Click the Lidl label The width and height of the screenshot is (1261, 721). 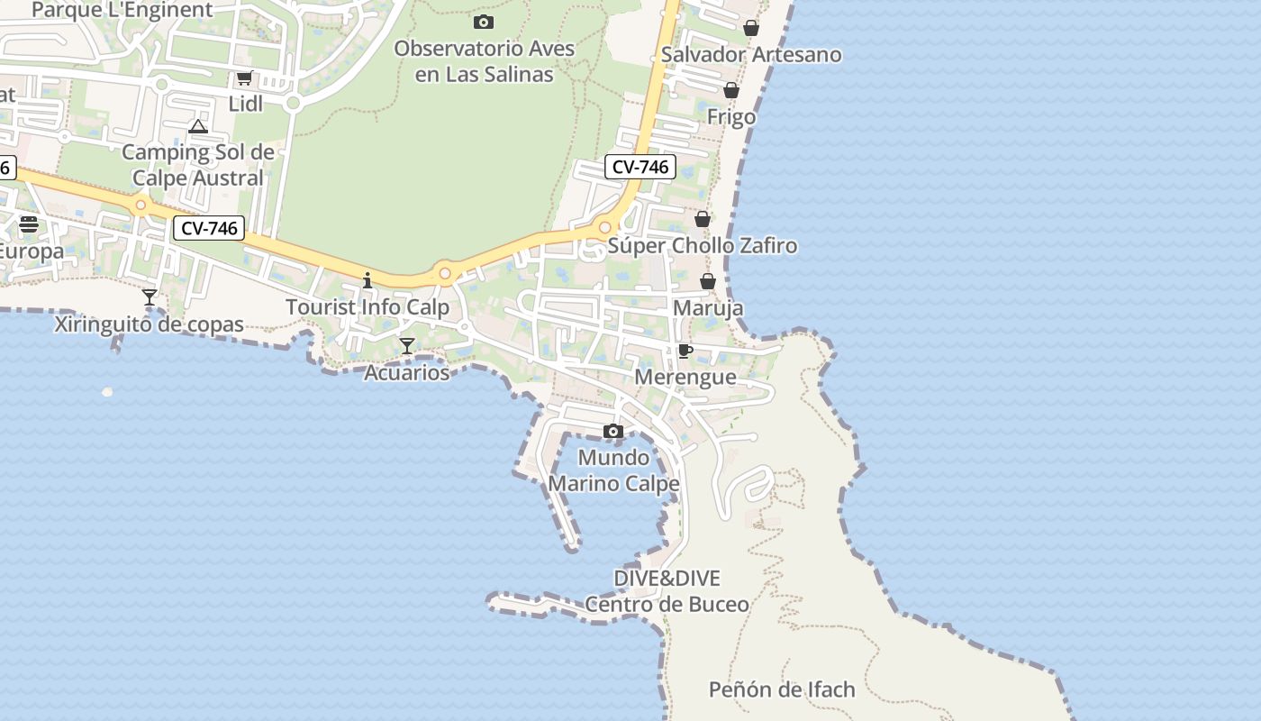[245, 104]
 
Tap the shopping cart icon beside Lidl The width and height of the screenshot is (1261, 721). [244, 78]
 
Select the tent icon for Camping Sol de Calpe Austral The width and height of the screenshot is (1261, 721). [198, 126]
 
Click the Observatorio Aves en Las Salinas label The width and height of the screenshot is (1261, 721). [484, 61]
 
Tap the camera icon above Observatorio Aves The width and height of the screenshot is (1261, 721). [484, 22]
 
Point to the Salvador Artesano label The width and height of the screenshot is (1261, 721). [751, 54]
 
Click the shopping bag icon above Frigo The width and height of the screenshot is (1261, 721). [731, 90]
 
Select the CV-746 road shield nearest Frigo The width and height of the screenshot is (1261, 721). [640, 167]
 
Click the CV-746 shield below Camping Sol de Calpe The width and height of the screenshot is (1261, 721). [209, 229]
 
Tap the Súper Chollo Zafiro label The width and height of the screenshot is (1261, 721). [703, 246]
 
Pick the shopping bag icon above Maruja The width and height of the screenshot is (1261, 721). [708, 281]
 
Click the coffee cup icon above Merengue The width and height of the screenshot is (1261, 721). [685, 351]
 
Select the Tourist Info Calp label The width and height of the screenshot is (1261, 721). [367, 307]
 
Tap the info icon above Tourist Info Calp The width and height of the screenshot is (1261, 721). [367, 280]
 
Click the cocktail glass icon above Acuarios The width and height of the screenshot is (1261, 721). [407, 345]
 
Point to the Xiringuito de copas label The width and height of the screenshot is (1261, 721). [150, 324]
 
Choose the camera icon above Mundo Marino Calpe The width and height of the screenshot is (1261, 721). [613, 431]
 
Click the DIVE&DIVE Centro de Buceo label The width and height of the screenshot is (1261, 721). [667, 591]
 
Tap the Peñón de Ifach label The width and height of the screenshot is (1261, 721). [782, 690]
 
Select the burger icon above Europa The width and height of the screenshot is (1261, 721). [29, 224]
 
